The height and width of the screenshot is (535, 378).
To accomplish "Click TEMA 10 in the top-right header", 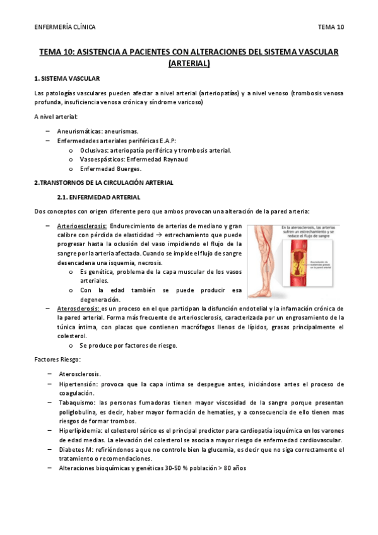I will tap(331, 27).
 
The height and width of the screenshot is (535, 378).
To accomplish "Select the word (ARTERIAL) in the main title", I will tap(189, 63).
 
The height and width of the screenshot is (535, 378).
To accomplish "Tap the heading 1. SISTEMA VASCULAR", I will tap(66, 79).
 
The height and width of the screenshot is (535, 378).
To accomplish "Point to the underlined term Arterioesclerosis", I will tap(81, 226).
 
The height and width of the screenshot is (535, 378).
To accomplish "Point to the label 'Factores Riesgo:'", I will tap(57, 359).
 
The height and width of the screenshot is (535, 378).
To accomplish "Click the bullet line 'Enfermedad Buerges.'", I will tap(110, 169).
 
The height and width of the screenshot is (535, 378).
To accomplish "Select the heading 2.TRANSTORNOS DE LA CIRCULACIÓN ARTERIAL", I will tap(103, 183).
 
